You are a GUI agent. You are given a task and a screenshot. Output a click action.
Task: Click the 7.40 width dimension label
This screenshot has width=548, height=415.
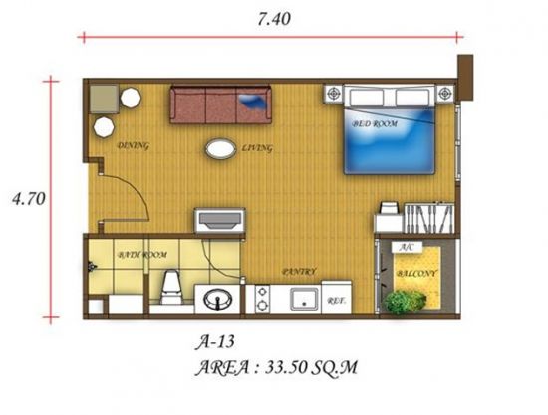(x=274, y=19)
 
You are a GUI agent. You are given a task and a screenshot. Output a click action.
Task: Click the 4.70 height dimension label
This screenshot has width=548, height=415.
(x=29, y=199)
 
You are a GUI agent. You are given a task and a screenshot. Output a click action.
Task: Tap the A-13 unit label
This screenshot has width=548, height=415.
(x=214, y=342)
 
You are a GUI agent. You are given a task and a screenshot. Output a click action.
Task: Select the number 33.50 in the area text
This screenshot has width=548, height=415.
(x=286, y=367)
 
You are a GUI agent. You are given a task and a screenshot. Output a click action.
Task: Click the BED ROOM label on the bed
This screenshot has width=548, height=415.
(x=375, y=123)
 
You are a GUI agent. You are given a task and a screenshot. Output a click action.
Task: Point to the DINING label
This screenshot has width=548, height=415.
(x=134, y=145)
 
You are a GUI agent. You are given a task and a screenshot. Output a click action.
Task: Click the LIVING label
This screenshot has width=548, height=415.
(x=257, y=148)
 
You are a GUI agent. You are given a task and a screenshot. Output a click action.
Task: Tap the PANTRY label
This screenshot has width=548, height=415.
(x=299, y=272)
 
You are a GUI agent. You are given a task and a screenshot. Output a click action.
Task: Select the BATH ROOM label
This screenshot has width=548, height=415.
(x=141, y=255)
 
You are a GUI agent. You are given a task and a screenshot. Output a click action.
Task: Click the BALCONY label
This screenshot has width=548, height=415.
(x=416, y=273)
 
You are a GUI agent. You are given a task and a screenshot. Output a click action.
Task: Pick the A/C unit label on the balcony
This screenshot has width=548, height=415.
(x=407, y=247)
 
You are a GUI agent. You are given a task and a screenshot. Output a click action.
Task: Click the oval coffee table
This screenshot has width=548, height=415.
(x=220, y=149)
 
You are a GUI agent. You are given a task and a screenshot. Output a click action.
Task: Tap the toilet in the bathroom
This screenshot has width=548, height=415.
(x=171, y=287)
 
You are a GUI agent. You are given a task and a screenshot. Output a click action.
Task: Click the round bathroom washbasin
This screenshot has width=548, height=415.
(x=218, y=300)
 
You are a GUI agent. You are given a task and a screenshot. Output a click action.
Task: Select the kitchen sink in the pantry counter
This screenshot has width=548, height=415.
(x=305, y=299)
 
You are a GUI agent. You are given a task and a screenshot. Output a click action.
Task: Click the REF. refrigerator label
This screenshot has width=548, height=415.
(x=337, y=301)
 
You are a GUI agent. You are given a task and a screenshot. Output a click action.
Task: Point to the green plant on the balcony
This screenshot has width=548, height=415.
(x=406, y=303)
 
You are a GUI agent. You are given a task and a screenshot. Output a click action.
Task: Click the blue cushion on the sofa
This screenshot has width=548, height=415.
(x=254, y=102)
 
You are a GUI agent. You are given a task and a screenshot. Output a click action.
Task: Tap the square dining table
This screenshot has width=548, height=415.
(x=104, y=99)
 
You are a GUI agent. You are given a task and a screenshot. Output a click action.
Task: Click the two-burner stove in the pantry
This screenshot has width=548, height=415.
(x=262, y=300)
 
